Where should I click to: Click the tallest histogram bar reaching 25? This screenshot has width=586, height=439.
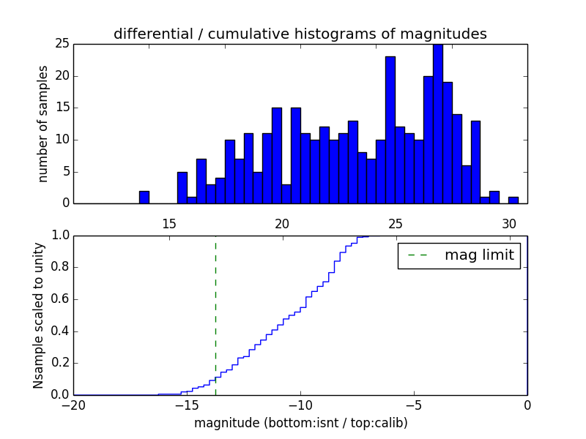[437, 124]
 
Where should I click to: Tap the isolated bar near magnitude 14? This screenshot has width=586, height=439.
[144, 198]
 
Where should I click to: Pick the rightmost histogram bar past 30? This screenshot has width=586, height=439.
[513, 200]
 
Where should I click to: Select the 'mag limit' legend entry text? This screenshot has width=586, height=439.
[479, 255]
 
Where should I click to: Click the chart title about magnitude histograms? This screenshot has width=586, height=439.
[300, 34]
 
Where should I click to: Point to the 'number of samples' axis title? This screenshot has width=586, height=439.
[43, 124]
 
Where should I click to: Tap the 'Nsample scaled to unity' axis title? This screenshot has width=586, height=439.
[38, 315]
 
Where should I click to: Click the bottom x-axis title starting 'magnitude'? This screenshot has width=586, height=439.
[300, 423]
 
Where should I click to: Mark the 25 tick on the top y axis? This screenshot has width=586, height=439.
[62, 44]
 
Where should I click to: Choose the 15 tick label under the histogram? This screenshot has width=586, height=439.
[169, 224]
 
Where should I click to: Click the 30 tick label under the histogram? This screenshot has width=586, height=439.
[509, 224]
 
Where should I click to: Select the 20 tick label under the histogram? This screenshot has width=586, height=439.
[283, 224]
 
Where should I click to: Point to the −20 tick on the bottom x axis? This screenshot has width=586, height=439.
[74, 405]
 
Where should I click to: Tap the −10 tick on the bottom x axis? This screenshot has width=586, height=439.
[300, 405]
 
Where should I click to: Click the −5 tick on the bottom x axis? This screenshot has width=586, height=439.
[414, 405]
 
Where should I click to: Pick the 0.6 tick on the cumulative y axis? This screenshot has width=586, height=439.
[60, 299]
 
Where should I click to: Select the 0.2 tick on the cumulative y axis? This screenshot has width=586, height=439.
[60, 363]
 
